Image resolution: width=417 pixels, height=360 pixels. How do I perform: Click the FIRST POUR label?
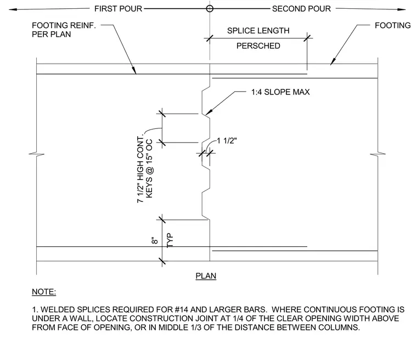tap(118, 9)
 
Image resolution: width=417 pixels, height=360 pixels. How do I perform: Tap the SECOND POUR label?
tap(301, 9)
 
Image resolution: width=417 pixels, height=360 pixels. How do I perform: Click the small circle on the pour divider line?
tap(210, 9)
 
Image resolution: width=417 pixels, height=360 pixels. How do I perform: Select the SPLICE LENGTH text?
tap(258, 31)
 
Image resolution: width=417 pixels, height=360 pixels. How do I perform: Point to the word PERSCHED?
tap(258, 46)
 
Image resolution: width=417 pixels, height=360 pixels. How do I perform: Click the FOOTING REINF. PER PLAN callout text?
tap(64, 30)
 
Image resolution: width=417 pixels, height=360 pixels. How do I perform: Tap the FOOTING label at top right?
tap(392, 26)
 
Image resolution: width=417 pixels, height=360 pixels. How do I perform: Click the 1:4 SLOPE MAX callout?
tap(280, 92)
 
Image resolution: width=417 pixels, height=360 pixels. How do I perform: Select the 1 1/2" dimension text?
tap(227, 140)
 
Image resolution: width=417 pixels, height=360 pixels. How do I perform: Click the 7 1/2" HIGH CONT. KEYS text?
tap(145, 170)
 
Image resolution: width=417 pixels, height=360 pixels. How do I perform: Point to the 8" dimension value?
tap(155, 240)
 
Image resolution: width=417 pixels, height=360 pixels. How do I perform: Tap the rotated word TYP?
tap(170, 240)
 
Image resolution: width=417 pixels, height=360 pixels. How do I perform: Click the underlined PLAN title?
tap(206, 276)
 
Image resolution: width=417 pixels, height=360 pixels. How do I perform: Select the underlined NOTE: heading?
tap(44, 292)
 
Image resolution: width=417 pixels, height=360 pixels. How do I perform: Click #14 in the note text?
tap(182, 310)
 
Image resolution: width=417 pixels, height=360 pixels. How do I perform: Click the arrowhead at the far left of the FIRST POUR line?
tap(13, 9)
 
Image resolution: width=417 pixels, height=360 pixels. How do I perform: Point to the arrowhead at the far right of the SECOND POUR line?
tap(402, 9)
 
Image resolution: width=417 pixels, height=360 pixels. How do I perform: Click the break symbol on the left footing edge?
tap(36, 154)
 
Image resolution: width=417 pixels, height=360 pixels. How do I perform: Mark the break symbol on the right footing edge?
tap(377, 154)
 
